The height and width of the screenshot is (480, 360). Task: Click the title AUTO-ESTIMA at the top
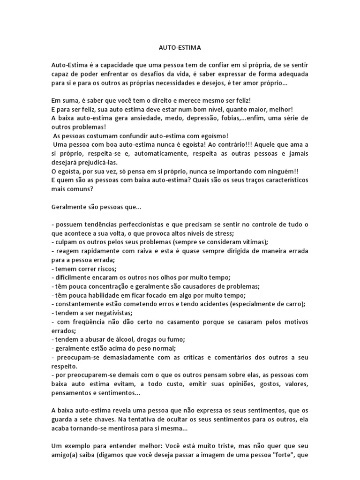(x=180, y=47)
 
